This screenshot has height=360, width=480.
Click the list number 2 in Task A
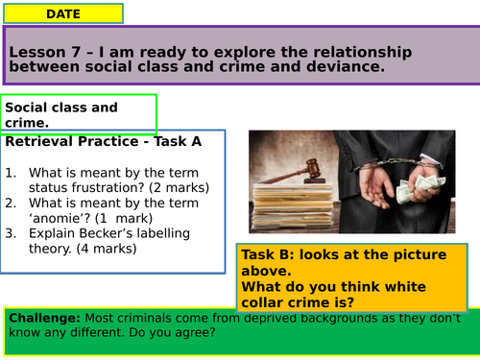11,203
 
